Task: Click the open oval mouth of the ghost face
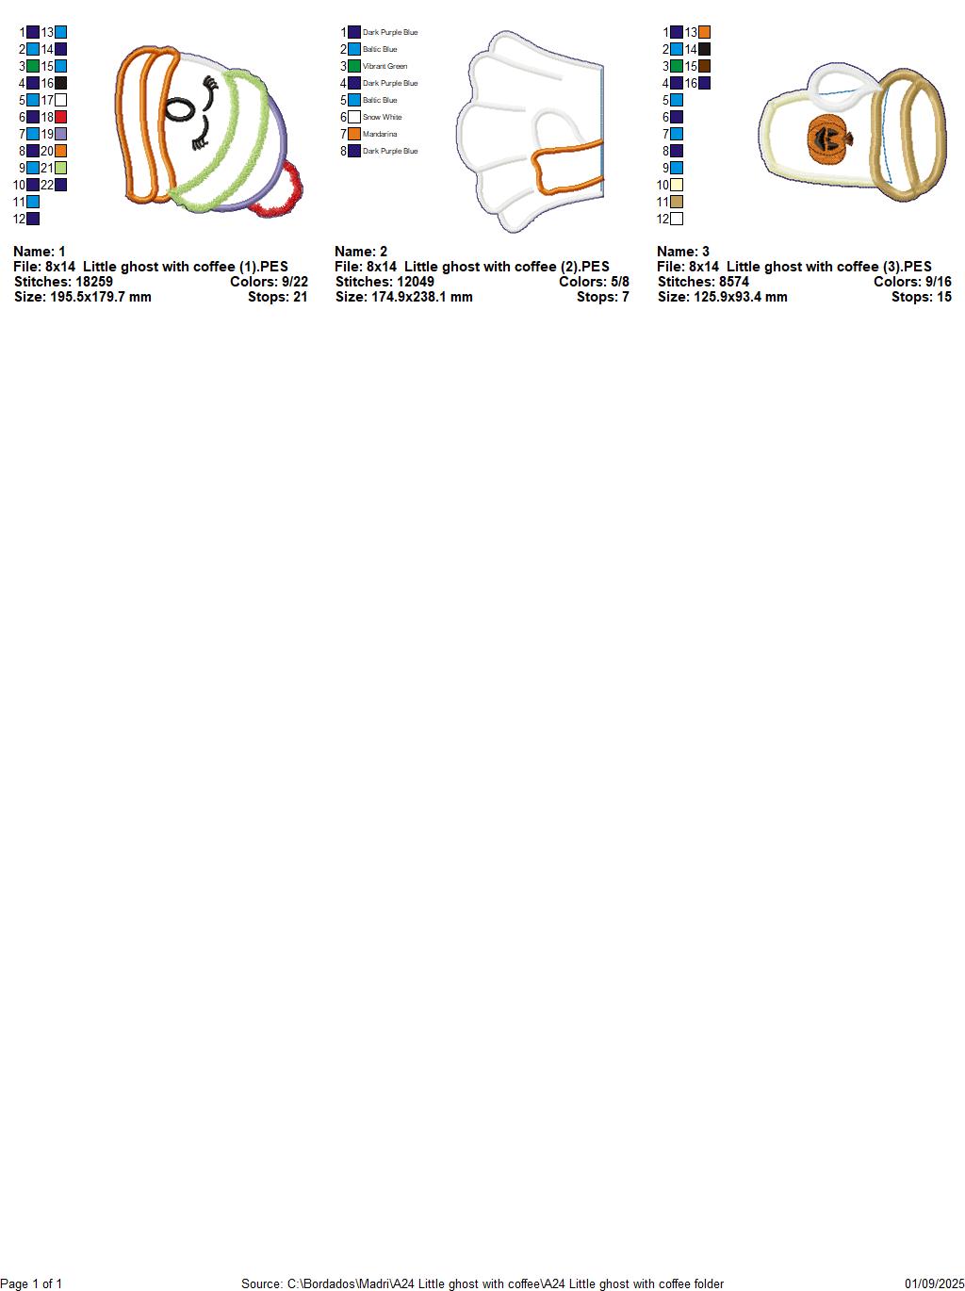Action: (x=179, y=108)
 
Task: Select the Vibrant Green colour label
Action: (x=384, y=66)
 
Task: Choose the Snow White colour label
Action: (x=382, y=117)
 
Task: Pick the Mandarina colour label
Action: (x=379, y=134)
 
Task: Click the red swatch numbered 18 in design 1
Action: (x=60, y=117)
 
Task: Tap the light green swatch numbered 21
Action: (x=60, y=169)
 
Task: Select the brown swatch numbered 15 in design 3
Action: (x=704, y=66)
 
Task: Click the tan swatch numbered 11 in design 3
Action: (x=677, y=202)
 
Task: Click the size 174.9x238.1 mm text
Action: (x=421, y=297)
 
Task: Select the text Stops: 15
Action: (x=921, y=297)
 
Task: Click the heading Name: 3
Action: (x=682, y=252)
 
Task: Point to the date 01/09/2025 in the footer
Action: (x=935, y=1283)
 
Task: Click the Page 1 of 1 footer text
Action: (x=31, y=1283)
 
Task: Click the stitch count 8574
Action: (x=734, y=282)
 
